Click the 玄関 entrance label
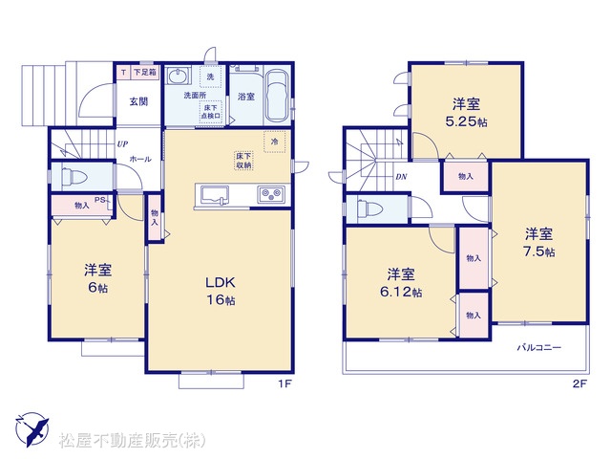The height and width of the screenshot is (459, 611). click(138, 101)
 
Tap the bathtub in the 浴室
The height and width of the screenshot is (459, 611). click(278, 97)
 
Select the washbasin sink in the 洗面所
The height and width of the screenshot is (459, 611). click(179, 76)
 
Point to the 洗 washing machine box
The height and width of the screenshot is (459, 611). click(210, 76)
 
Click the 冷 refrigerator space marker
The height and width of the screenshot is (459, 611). click(275, 142)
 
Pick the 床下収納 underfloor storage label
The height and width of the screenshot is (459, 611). click(243, 161)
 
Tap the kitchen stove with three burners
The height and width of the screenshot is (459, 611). click(271, 194)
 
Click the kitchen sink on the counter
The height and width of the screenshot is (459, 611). click(215, 194)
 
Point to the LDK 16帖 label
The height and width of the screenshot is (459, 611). click(221, 291)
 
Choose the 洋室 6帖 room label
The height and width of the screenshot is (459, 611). click(97, 278)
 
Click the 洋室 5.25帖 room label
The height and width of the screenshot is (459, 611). click(466, 113)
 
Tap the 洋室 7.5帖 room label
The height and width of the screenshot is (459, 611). click(538, 242)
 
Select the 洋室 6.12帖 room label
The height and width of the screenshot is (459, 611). click(401, 283)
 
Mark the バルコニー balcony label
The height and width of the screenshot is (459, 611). click(538, 347)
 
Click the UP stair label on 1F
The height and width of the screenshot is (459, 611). click(122, 144)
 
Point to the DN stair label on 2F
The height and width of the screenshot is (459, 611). click(401, 177)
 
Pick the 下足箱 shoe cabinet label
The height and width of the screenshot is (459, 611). click(145, 73)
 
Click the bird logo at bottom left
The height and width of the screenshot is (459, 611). click(32, 429)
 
